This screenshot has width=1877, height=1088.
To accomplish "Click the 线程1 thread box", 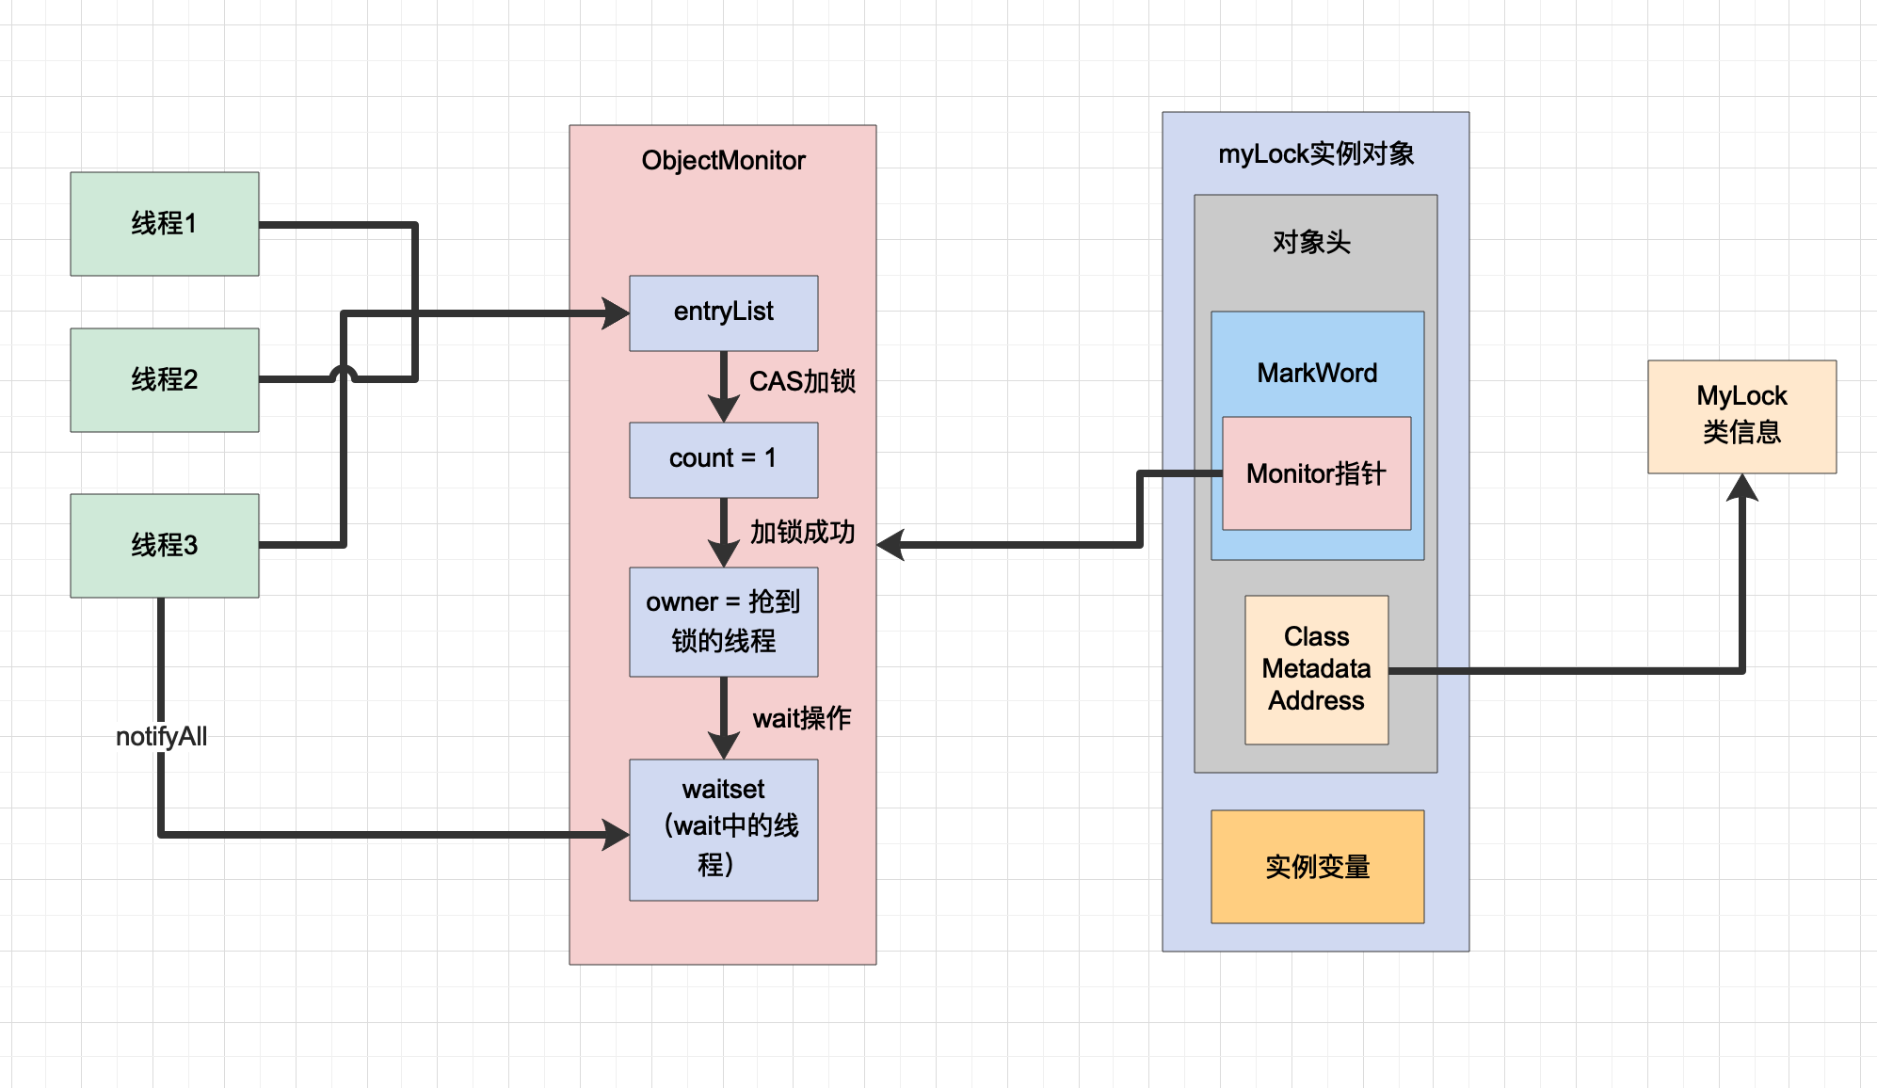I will tap(165, 224).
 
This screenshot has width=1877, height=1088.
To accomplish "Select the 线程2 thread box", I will tap(165, 380).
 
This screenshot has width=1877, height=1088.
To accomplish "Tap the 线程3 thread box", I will tap(165, 546).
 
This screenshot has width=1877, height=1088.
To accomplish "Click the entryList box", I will tap(723, 312).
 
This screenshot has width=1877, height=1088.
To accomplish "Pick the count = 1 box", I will tap(723, 459).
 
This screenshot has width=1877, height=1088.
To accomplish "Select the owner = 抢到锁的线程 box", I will tap(723, 621).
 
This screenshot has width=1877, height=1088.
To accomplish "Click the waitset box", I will tap(723, 828).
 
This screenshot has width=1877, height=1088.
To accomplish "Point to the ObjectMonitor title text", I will tap(723, 161).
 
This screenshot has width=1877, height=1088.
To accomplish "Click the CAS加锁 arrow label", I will tap(802, 381).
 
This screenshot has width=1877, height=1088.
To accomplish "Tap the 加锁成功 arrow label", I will tap(802, 532).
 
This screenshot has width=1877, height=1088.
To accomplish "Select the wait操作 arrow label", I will tap(802, 718).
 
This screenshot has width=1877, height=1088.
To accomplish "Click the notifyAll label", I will tap(161, 736).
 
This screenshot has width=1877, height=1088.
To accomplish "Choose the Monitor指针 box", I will tap(1316, 473).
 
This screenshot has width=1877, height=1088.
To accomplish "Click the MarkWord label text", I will tap(1317, 374).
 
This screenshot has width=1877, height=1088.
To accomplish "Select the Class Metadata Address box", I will tap(1316, 669).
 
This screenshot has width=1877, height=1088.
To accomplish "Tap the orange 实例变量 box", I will tap(1317, 866).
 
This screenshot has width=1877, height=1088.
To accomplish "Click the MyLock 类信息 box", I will tap(1741, 416).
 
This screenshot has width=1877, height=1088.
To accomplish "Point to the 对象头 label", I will tap(1311, 243).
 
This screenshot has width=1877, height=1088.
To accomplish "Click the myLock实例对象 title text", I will tap(1316, 154).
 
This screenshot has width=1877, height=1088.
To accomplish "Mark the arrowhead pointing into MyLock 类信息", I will tap(1742, 487).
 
